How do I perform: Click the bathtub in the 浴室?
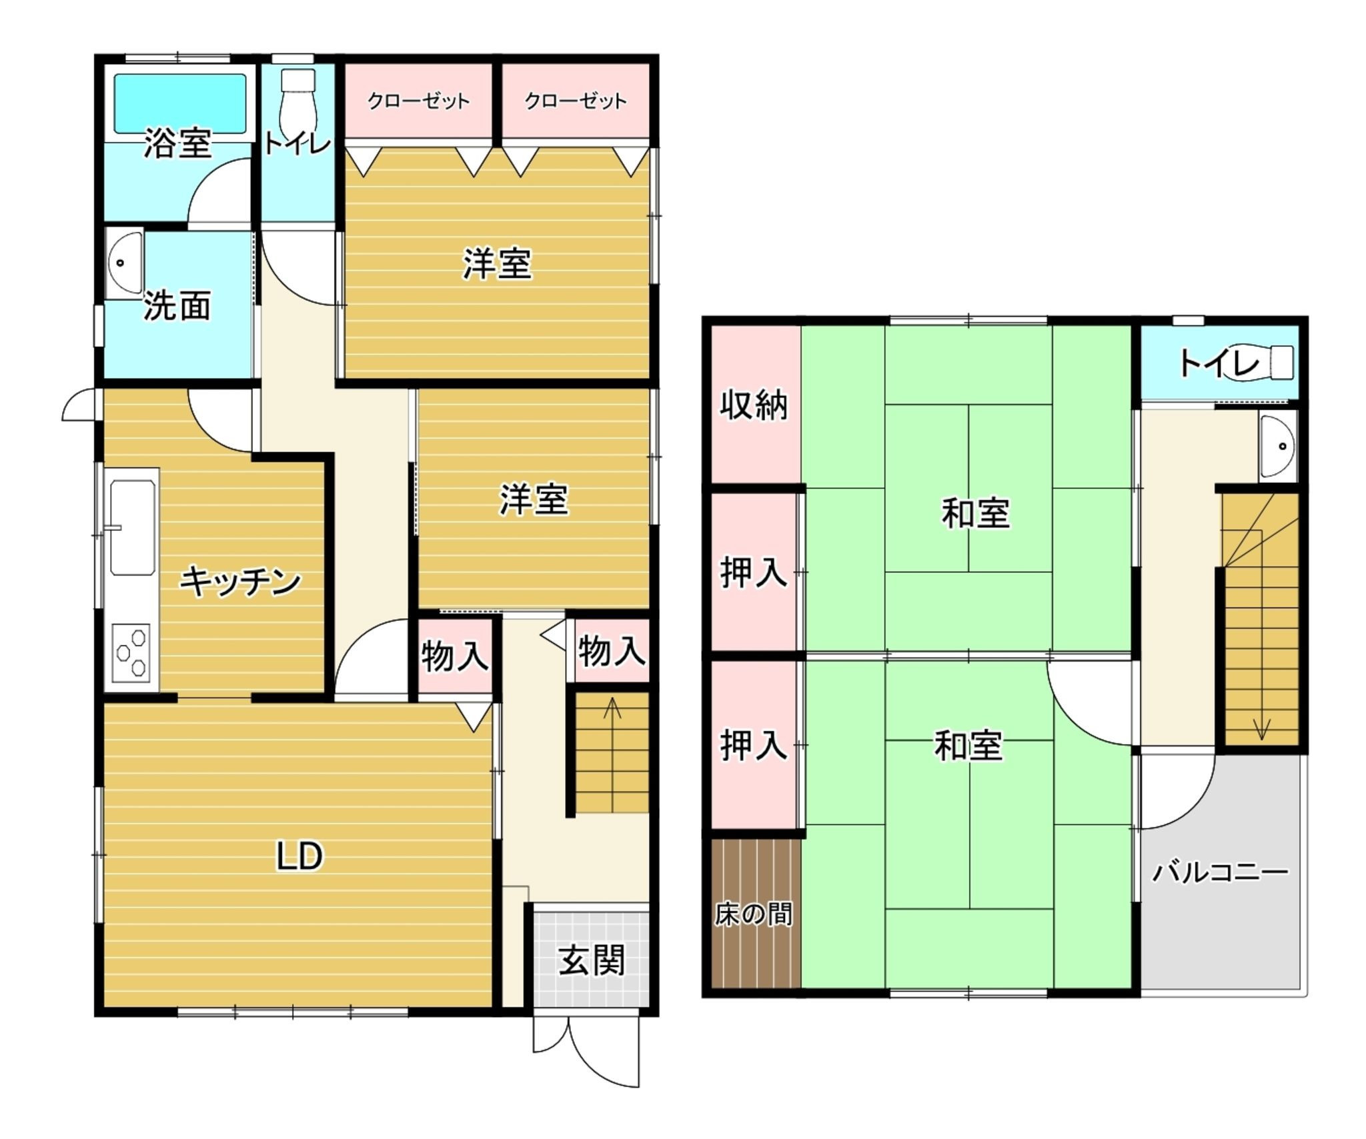point(180,103)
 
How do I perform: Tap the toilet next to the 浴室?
point(297,100)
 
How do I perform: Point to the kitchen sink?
point(133,528)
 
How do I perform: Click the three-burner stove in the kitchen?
point(131,652)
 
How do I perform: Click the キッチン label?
point(240,582)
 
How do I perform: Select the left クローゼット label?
point(419,101)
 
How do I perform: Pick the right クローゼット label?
point(576,101)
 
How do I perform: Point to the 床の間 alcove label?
point(754,914)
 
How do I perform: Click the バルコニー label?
point(1221,872)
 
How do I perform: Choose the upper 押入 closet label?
point(754,572)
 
